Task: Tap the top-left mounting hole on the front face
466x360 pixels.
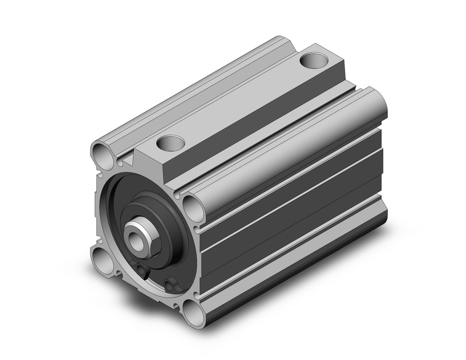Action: click(102, 152)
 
